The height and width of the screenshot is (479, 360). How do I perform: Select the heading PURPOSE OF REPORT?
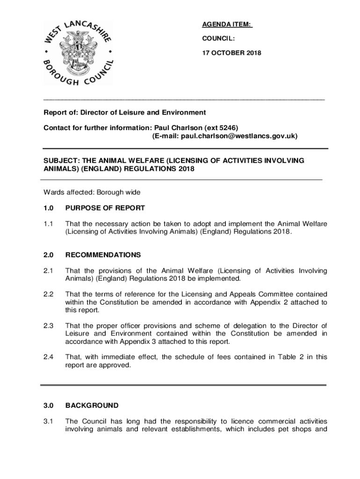coord(105,208)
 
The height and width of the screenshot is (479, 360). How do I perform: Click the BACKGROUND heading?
coord(92,406)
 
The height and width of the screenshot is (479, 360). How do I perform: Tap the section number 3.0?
coord(49,406)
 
